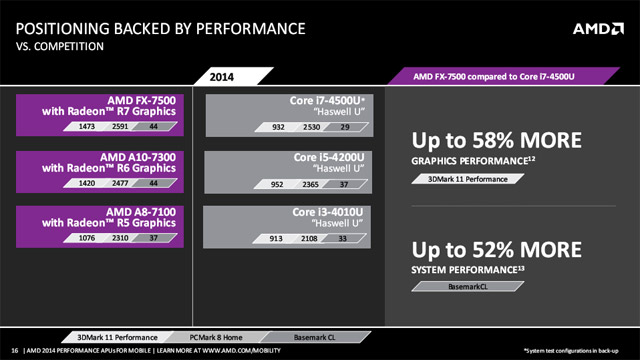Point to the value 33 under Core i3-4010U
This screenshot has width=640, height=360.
click(342, 239)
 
